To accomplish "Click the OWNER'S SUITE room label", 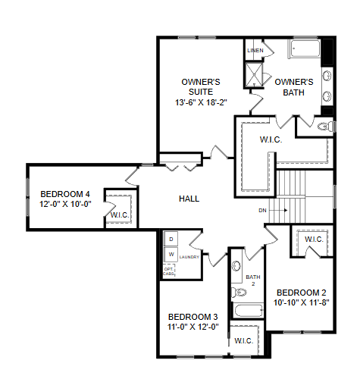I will (200, 87).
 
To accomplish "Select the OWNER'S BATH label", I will (293, 87).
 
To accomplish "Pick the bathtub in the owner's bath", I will (305, 51).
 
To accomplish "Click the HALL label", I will (189, 199).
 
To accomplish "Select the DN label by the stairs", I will (262, 210).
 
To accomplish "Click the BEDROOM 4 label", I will (65, 193).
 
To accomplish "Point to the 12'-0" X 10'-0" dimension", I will (65, 204).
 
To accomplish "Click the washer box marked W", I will (171, 254).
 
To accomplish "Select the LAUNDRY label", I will (189, 257).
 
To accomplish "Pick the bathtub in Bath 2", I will (247, 311).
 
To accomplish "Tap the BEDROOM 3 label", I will (193, 317).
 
